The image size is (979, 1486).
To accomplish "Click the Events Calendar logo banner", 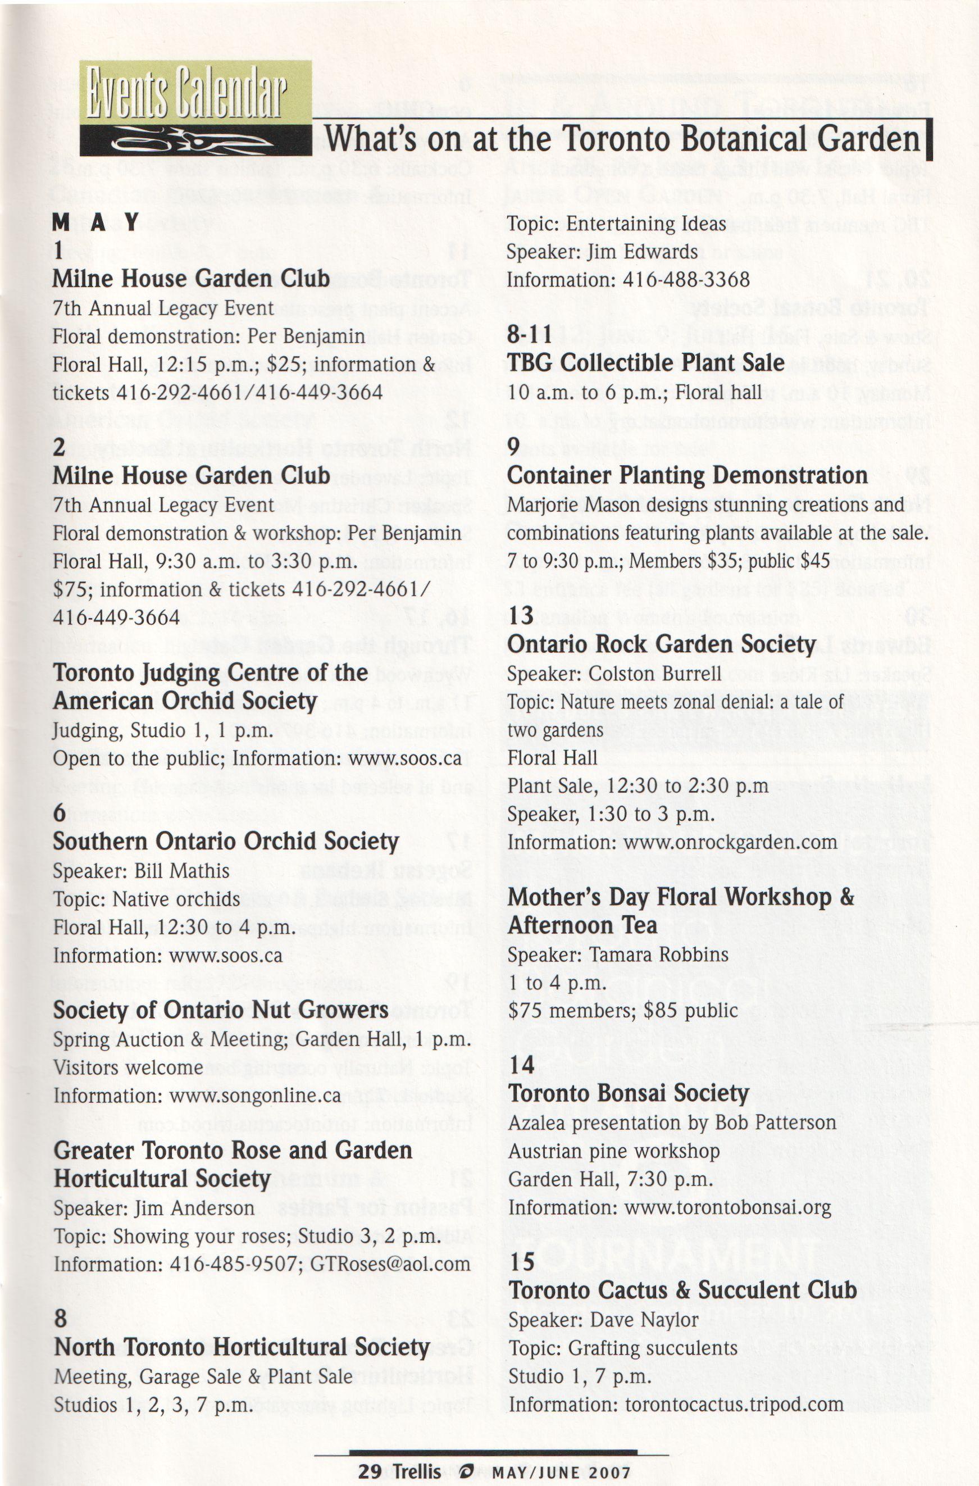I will [x=195, y=108].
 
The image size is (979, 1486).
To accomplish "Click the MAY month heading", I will [x=95, y=222].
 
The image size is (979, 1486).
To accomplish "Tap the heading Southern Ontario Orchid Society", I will [x=225, y=842].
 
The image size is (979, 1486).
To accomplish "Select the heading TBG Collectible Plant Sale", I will [x=645, y=363].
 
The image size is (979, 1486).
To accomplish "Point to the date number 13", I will [x=520, y=616].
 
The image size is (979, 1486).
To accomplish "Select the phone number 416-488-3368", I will [x=686, y=279].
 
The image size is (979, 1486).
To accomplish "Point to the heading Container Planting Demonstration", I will [x=687, y=475].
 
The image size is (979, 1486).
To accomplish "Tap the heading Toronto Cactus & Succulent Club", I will [x=682, y=1290].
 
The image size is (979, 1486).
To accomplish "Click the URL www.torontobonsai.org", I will [x=727, y=1208].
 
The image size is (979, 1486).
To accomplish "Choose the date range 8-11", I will [x=530, y=335].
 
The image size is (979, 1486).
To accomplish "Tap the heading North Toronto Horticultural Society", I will [x=242, y=1347].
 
